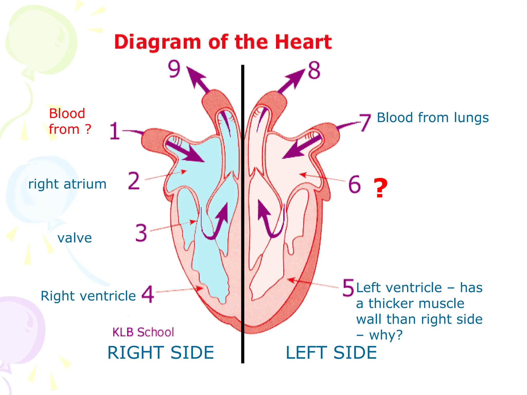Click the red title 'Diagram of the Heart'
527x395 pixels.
click(x=223, y=42)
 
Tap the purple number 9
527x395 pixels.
click(x=174, y=69)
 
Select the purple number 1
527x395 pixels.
click(x=115, y=131)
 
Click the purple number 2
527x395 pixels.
click(x=134, y=181)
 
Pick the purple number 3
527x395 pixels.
click(x=141, y=233)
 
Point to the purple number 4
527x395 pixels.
click(x=148, y=294)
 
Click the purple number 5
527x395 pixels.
click(x=348, y=288)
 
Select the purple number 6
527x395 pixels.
click(x=355, y=184)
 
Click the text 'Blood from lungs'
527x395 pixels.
click(x=433, y=118)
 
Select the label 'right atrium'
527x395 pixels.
click(x=67, y=184)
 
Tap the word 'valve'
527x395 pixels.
click(x=75, y=238)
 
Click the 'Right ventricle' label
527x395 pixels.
click(x=88, y=296)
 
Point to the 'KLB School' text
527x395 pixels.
click(x=143, y=332)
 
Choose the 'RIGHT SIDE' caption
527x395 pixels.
click(x=161, y=353)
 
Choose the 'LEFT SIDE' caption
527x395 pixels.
click(x=331, y=353)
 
